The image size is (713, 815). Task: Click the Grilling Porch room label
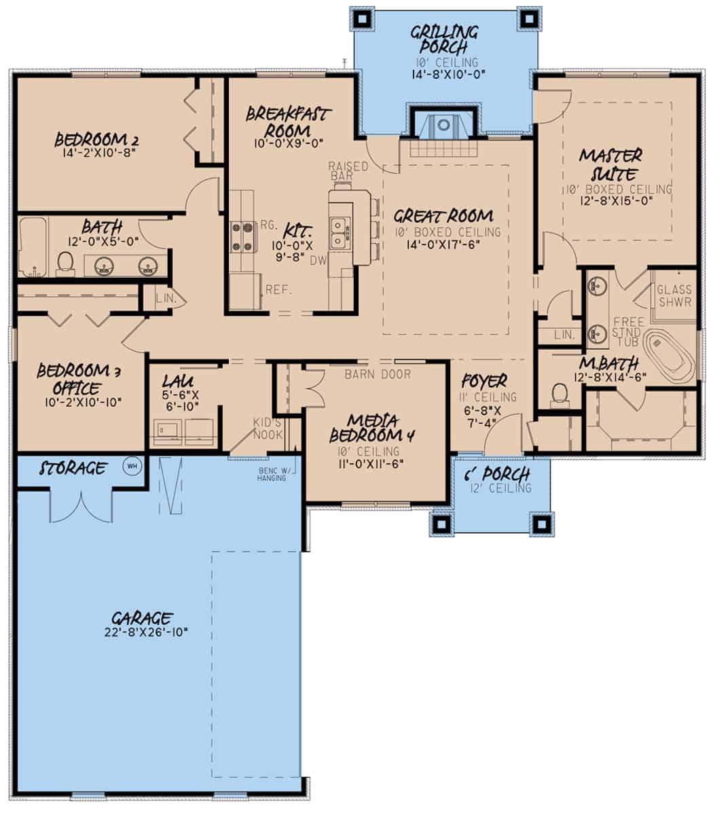(x=445, y=40)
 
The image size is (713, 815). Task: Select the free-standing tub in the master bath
(x=669, y=356)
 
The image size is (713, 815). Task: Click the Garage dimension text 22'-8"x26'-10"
(x=142, y=632)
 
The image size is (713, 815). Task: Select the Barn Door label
(x=377, y=374)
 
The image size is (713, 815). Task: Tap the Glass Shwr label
(x=674, y=295)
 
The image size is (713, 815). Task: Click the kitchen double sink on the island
(x=339, y=233)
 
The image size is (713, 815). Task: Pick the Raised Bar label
(x=348, y=171)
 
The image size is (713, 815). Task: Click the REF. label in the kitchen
(x=278, y=289)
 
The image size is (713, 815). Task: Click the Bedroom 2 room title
(x=96, y=139)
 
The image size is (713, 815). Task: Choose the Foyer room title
(x=484, y=381)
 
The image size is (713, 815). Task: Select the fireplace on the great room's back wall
(x=443, y=126)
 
